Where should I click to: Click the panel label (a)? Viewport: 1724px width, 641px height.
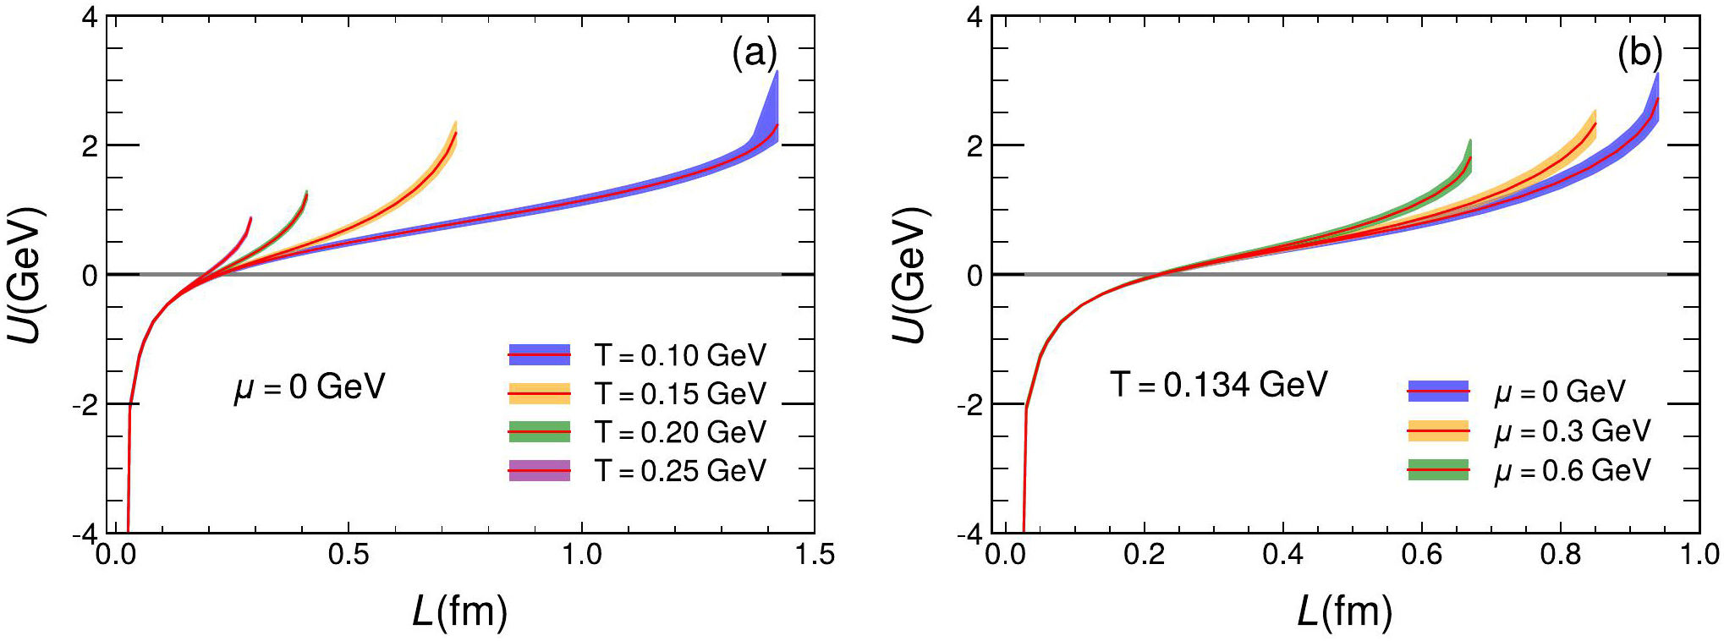click(x=754, y=53)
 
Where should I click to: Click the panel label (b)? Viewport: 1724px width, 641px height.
click(x=1639, y=53)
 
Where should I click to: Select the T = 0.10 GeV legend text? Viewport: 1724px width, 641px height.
click(x=680, y=355)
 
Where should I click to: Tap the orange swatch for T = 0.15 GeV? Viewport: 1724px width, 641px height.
click(x=539, y=393)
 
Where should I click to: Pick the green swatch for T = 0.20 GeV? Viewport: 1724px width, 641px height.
click(x=539, y=432)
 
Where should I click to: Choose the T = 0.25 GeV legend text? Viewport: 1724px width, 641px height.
click(x=680, y=470)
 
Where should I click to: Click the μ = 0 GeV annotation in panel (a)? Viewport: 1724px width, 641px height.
click(x=310, y=387)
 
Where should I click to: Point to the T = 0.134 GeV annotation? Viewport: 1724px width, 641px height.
click(x=1219, y=385)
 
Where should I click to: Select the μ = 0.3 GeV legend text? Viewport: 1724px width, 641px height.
click(x=1572, y=431)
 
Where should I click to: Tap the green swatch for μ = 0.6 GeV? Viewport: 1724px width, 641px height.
click(x=1438, y=470)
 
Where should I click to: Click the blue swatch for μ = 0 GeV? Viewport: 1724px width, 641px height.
click(x=1438, y=392)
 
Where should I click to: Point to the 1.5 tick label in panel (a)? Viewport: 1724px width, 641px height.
click(x=814, y=555)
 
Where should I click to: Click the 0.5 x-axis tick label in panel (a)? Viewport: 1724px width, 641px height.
click(x=348, y=555)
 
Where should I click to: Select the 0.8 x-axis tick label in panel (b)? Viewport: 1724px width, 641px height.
click(x=1560, y=555)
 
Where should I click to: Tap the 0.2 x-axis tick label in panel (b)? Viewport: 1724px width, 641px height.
click(x=1144, y=555)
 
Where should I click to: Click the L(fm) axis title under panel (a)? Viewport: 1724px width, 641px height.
click(x=460, y=611)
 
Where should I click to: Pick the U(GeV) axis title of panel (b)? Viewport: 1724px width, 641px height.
click(x=910, y=275)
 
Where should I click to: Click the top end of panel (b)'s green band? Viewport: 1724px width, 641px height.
click(x=1470, y=141)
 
